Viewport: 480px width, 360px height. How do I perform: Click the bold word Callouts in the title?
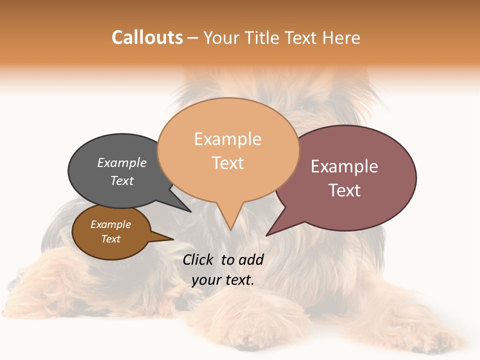pos(147,37)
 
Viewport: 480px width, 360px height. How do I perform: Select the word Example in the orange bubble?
pos(227,138)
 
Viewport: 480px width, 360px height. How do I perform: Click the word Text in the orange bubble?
pos(227,162)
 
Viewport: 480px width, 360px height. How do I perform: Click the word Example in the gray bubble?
pos(121,162)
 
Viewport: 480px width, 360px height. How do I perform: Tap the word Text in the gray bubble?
pos(121,180)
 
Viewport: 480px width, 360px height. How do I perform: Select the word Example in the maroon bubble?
pos(344,166)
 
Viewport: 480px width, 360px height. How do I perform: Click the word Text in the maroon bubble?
pos(344,190)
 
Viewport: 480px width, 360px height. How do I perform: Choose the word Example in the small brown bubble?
pos(110,224)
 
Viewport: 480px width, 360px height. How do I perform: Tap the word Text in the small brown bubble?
pos(110,239)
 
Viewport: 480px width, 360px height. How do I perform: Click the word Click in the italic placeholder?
pos(198,259)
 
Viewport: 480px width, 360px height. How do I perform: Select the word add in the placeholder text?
pos(250,259)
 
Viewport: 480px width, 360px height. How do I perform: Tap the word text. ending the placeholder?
pos(238,280)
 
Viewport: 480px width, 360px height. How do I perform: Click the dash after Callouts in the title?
pos(193,38)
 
